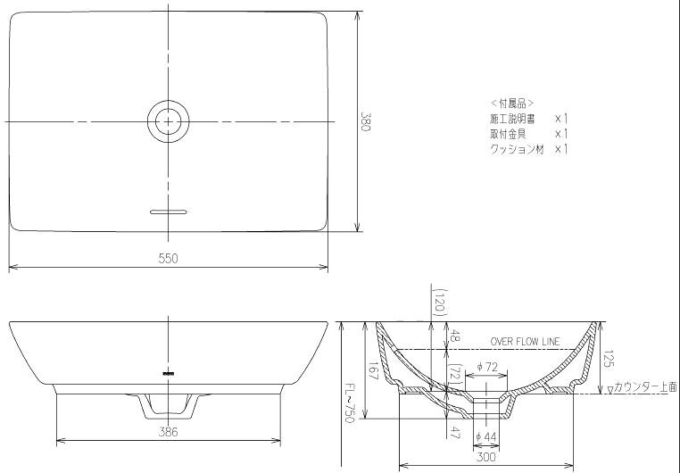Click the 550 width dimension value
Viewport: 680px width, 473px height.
(169, 259)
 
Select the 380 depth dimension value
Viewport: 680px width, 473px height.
(366, 122)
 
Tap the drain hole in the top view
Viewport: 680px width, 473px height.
(169, 121)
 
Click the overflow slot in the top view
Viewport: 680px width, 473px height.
(169, 212)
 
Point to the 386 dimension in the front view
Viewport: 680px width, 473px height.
(169, 432)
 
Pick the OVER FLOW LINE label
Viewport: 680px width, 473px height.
(526, 342)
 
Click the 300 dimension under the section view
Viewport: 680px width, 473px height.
(486, 457)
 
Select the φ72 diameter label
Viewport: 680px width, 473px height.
(486, 367)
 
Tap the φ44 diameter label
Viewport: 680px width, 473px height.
(485, 437)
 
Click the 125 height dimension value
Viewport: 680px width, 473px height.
(609, 359)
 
